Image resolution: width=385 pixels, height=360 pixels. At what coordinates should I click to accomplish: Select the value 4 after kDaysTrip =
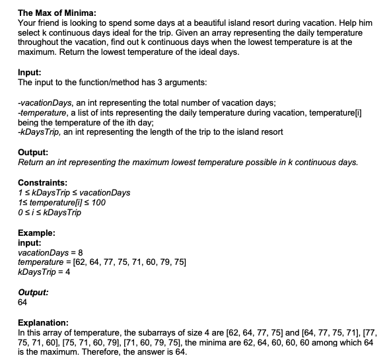click(x=67, y=273)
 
